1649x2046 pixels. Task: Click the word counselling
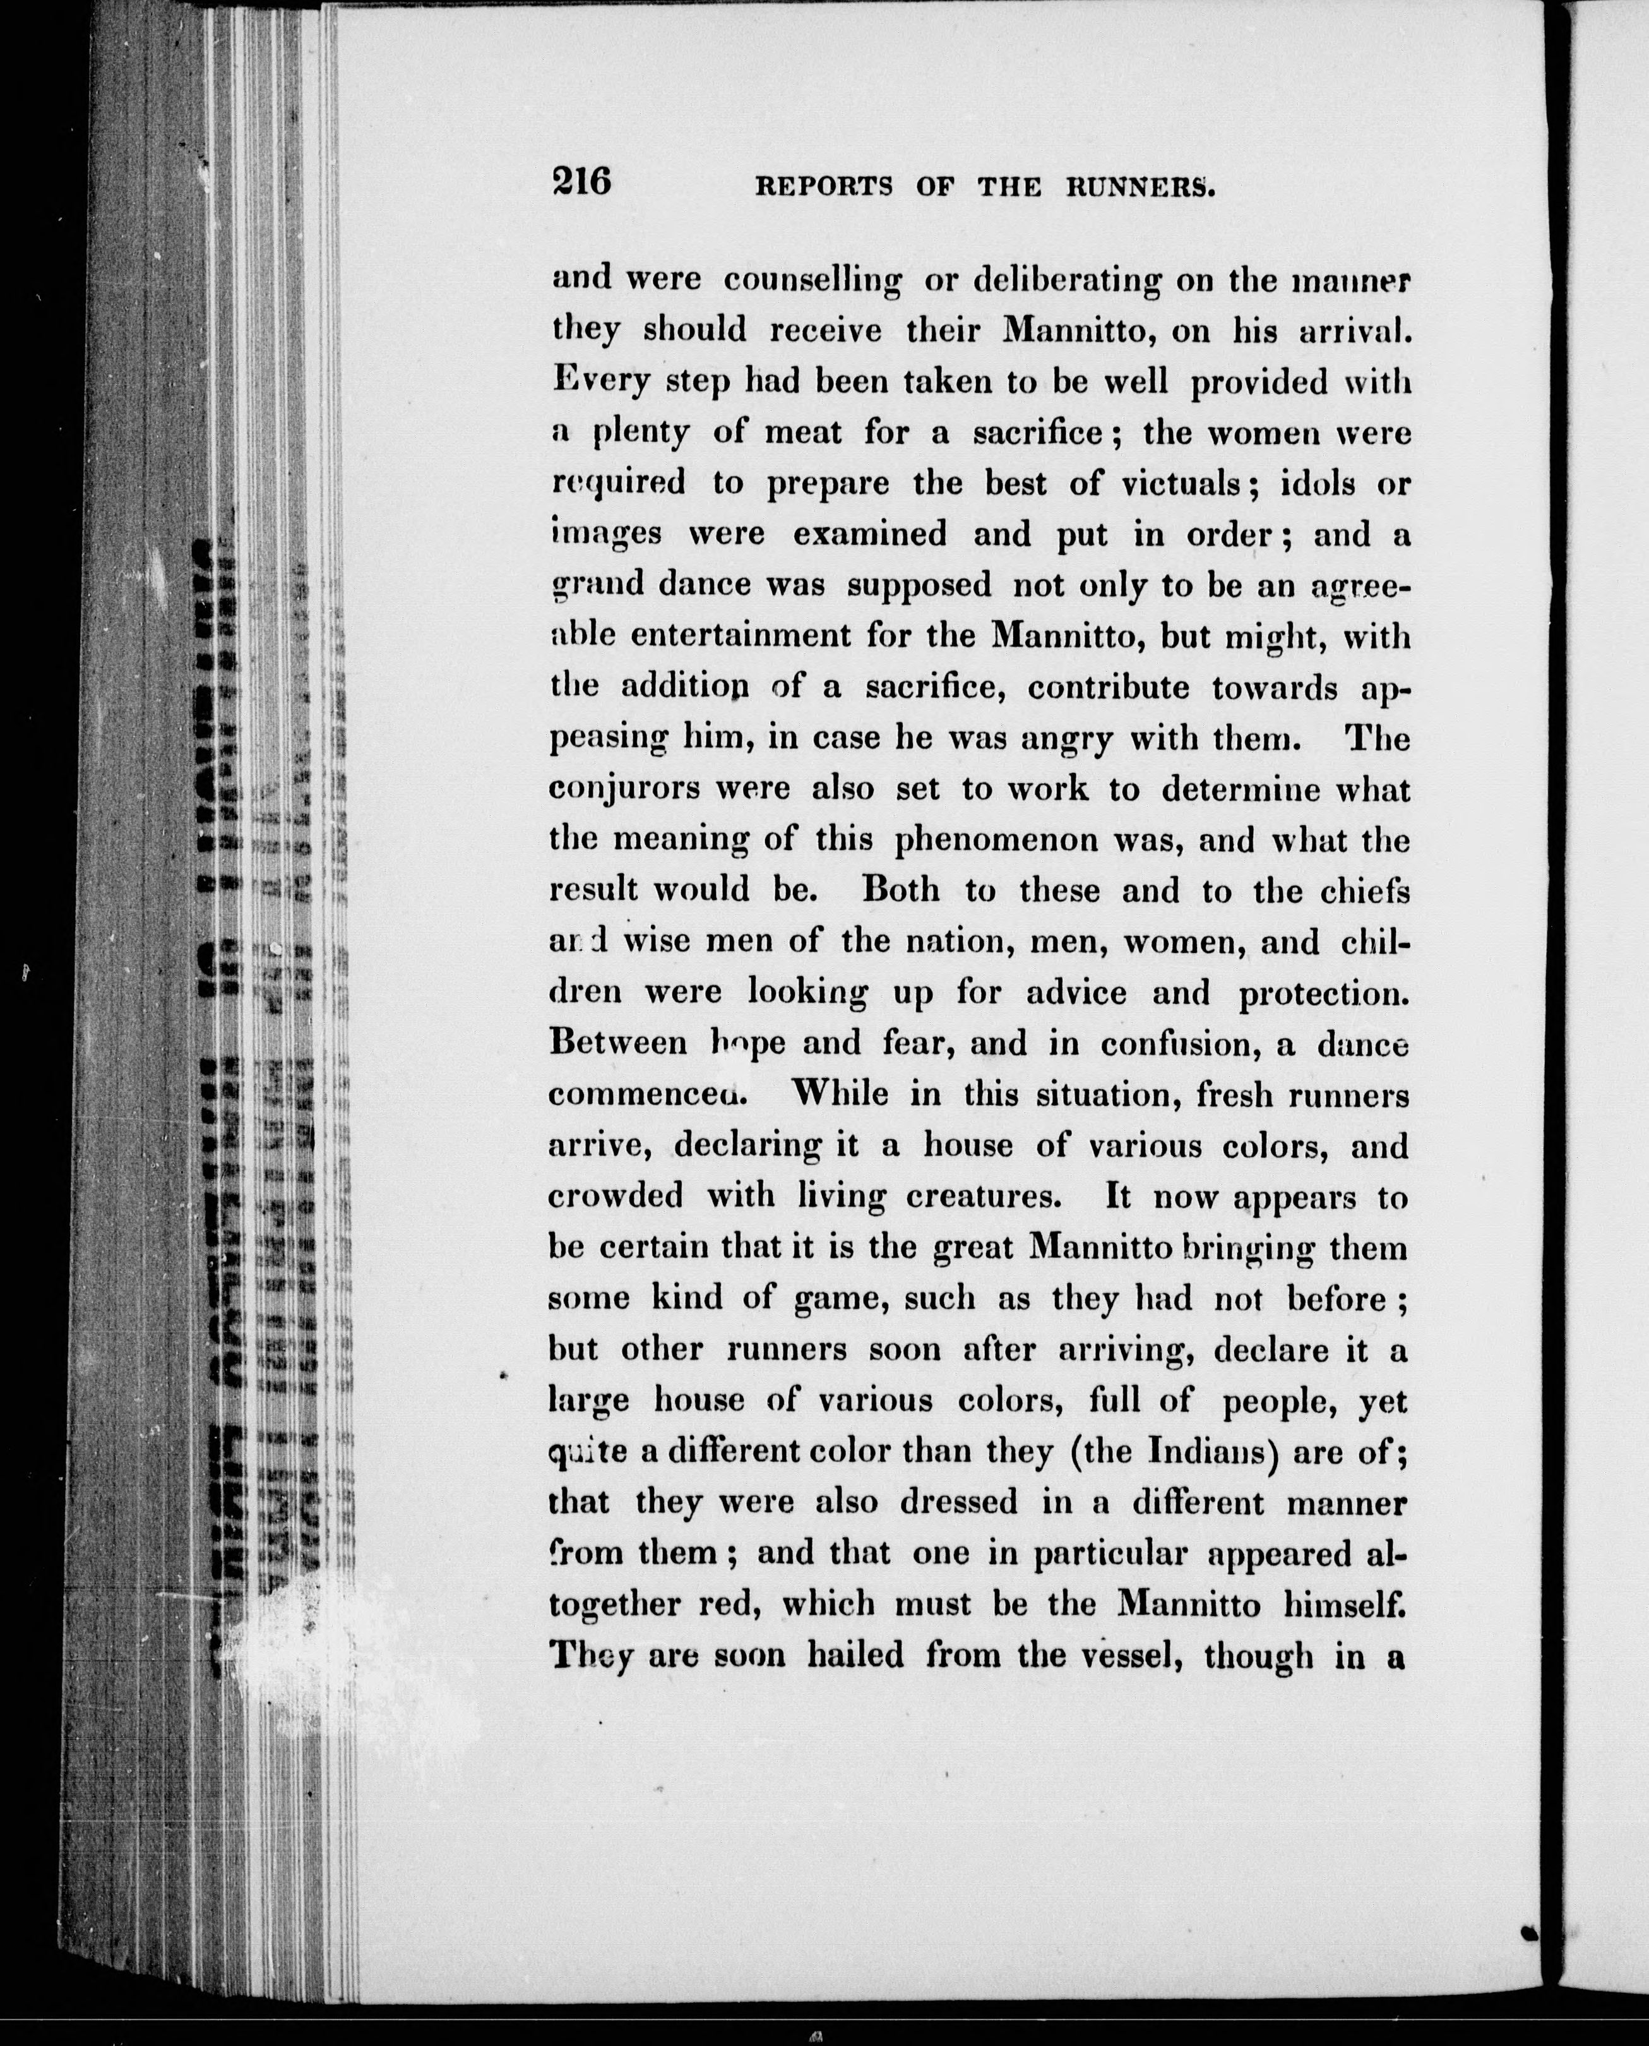pos(812,281)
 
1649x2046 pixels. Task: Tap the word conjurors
pos(624,790)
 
